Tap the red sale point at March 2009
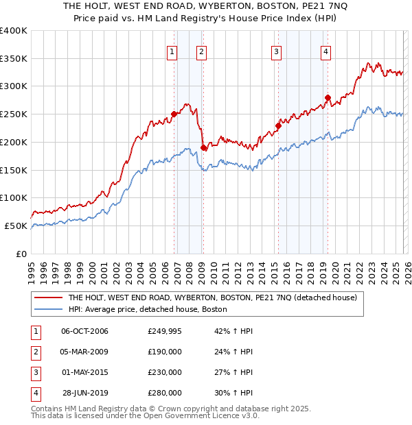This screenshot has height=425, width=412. pyautogui.click(x=203, y=147)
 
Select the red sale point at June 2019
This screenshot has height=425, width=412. pyautogui.click(x=328, y=97)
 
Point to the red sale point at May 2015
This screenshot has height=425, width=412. pyautogui.click(x=278, y=125)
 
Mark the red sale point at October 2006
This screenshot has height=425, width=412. pyautogui.click(x=174, y=114)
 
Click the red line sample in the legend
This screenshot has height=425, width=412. pyautogui.click(x=48, y=298)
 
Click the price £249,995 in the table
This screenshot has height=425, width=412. pyautogui.click(x=165, y=331)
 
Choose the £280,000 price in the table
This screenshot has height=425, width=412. pyautogui.click(x=165, y=393)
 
